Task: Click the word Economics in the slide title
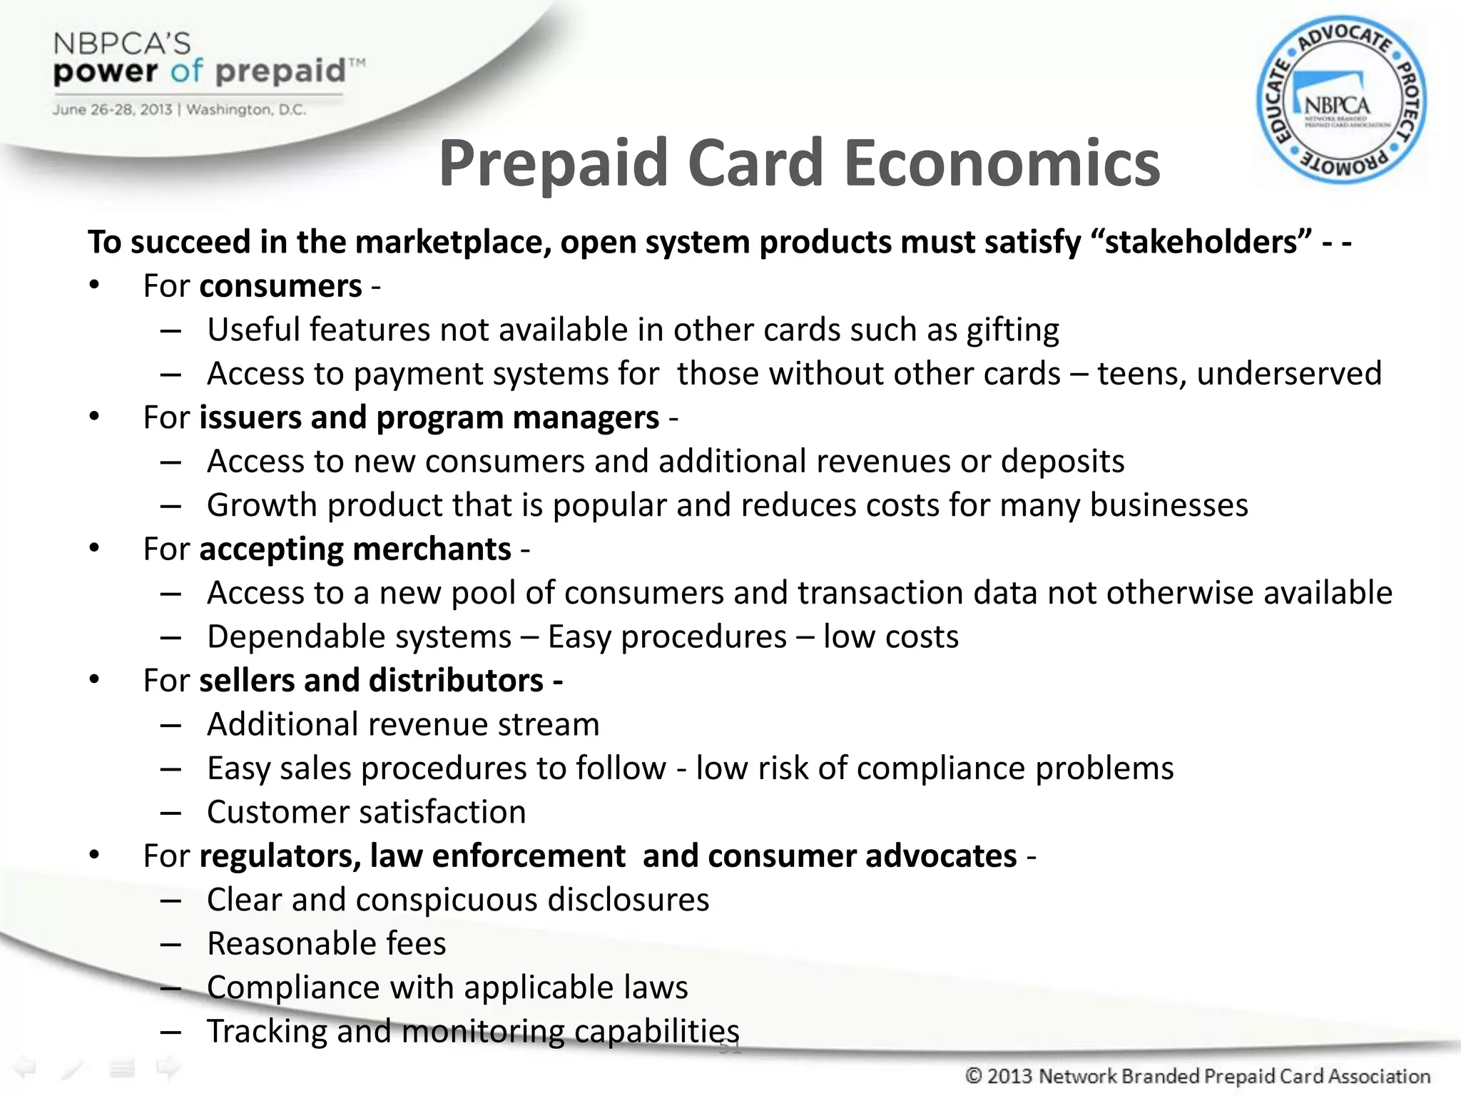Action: click(1002, 164)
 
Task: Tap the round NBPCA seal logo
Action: click(1340, 100)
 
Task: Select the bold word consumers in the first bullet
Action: click(280, 286)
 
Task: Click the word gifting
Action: click(1012, 330)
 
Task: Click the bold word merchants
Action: click(432, 549)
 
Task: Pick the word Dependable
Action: click(359, 637)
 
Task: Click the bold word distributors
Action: click(456, 681)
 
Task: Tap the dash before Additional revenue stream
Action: click(170, 725)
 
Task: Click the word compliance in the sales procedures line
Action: click(941, 768)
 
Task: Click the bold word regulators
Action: click(280, 856)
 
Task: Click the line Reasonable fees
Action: click(326, 944)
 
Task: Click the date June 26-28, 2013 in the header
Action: click(111, 110)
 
